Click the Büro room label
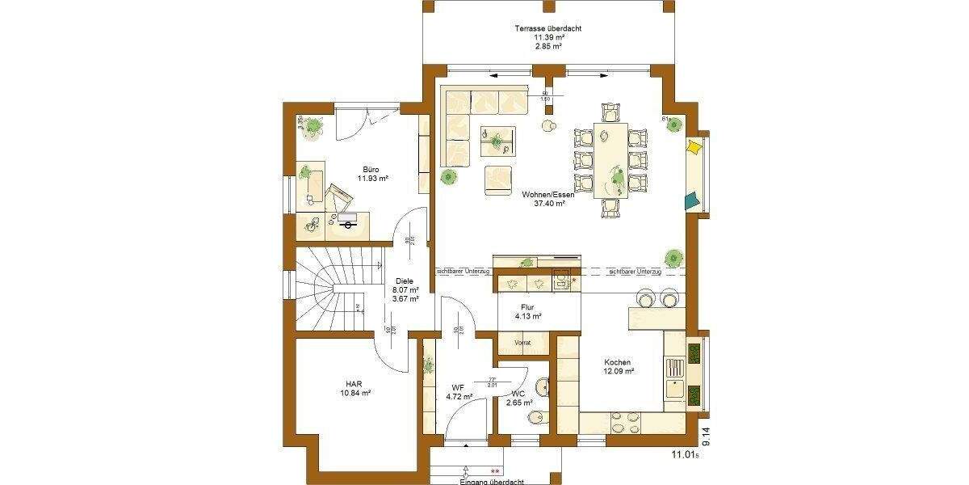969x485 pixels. point(371,171)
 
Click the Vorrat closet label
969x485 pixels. point(523,343)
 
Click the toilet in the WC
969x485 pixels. point(535,418)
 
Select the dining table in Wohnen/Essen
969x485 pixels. point(611,159)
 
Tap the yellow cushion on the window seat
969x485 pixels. point(694,148)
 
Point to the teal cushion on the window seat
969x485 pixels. point(692,200)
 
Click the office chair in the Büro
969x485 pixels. point(340,196)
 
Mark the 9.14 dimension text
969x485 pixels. point(707,437)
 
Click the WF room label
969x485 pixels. point(457,388)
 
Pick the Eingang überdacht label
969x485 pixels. point(489,481)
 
